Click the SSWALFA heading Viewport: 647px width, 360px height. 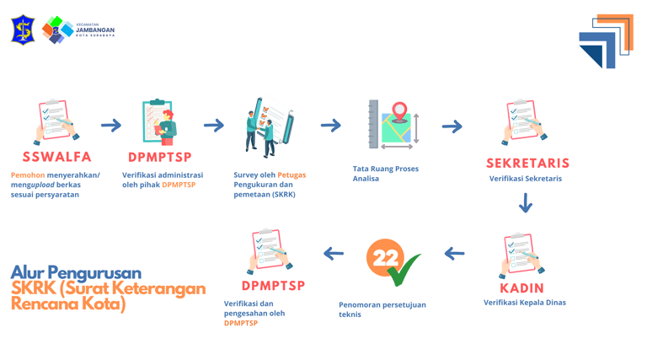56,157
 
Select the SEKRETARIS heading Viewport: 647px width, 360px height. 527,163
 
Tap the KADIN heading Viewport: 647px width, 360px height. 521,288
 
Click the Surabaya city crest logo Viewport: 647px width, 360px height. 21,30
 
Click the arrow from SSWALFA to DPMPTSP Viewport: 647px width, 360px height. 111,126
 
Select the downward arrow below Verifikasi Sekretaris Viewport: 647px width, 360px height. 526,203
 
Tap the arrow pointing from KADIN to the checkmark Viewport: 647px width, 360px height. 454,253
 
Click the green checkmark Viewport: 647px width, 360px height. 405,269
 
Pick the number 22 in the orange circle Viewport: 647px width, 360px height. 385,259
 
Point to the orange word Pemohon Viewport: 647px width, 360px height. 28,175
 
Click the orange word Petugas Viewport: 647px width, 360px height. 291,175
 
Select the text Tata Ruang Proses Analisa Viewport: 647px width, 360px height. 385,174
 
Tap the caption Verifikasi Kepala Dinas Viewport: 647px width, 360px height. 524,303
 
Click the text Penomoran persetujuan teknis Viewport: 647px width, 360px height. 382,309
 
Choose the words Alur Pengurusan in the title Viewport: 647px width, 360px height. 76,272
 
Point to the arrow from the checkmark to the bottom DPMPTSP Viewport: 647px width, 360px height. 334,253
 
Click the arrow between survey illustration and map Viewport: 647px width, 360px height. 331,126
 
